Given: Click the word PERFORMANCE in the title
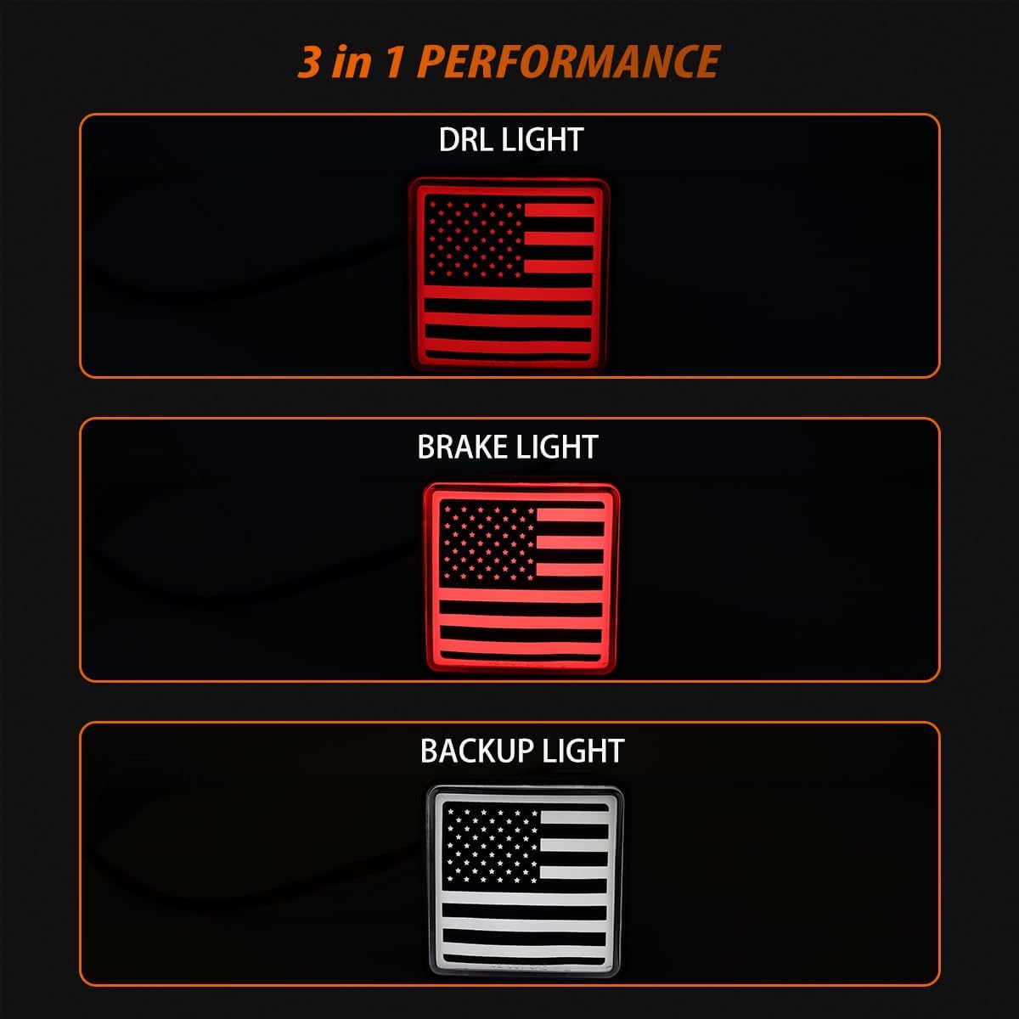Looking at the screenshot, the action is (x=569, y=62).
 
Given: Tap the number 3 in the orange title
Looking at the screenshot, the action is (x=310, y=62).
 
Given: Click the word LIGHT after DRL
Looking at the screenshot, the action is (x=543, y=140).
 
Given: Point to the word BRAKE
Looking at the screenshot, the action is (x=463, y=448).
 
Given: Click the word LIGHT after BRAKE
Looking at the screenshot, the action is (x=557, y=448).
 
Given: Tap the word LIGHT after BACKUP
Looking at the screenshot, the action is (x=583, y=751).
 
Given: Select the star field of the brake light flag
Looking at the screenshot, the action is (x=488, y=541).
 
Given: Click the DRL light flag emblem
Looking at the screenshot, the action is (x=509, y=273).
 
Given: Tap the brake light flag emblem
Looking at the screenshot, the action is (x=521, y=578).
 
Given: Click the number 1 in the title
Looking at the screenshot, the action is (x=395, y=62).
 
